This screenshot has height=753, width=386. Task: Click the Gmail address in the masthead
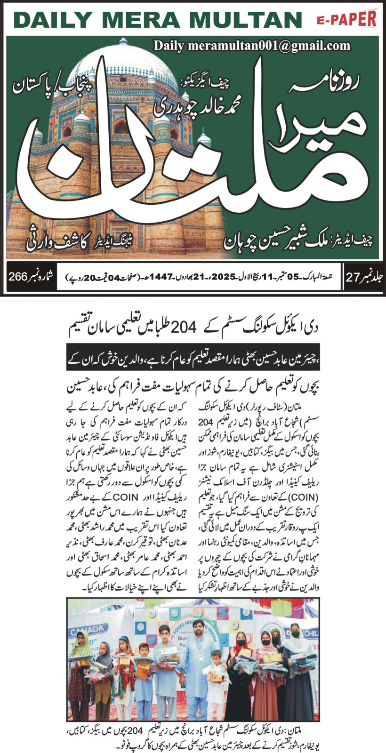252,46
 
